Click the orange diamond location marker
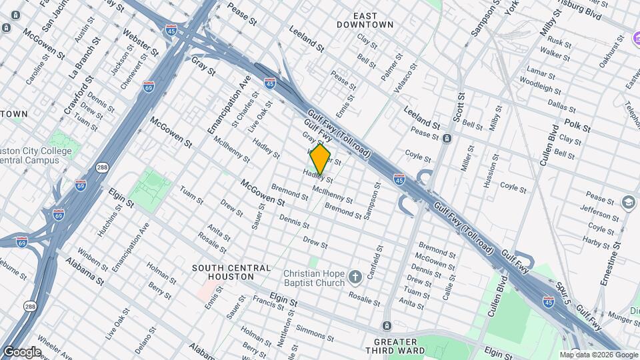(321, 159)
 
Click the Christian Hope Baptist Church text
(313, 278)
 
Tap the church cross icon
(356, 276)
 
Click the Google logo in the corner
(21, 351)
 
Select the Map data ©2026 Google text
(598, 355)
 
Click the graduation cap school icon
(628, 201)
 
